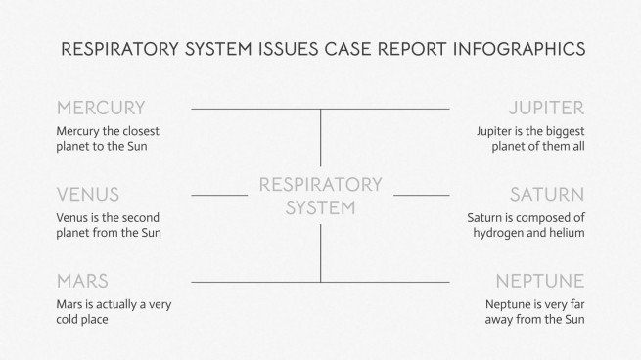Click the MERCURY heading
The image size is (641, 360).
101,109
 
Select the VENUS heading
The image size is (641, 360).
88,195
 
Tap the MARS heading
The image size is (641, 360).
82,281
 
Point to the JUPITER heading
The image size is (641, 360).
546,109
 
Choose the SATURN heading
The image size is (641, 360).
546,195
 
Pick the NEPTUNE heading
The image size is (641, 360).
539,281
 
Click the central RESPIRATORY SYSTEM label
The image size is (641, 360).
320,196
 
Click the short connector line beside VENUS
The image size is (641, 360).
219,195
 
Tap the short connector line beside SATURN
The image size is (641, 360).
422,195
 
